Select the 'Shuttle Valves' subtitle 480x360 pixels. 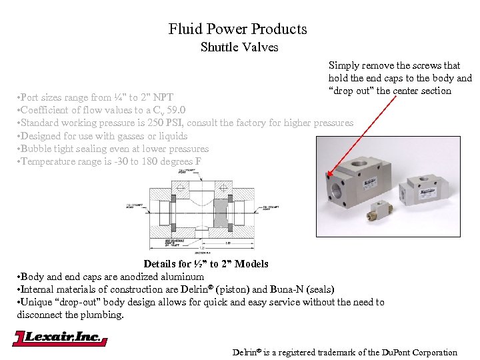pyautogui.click(x=239, y=47)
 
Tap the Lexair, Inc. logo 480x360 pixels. pyautogui.click(x=59, y=338)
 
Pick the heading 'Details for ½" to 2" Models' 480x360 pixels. pyautogui.click(x=206, y=264)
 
